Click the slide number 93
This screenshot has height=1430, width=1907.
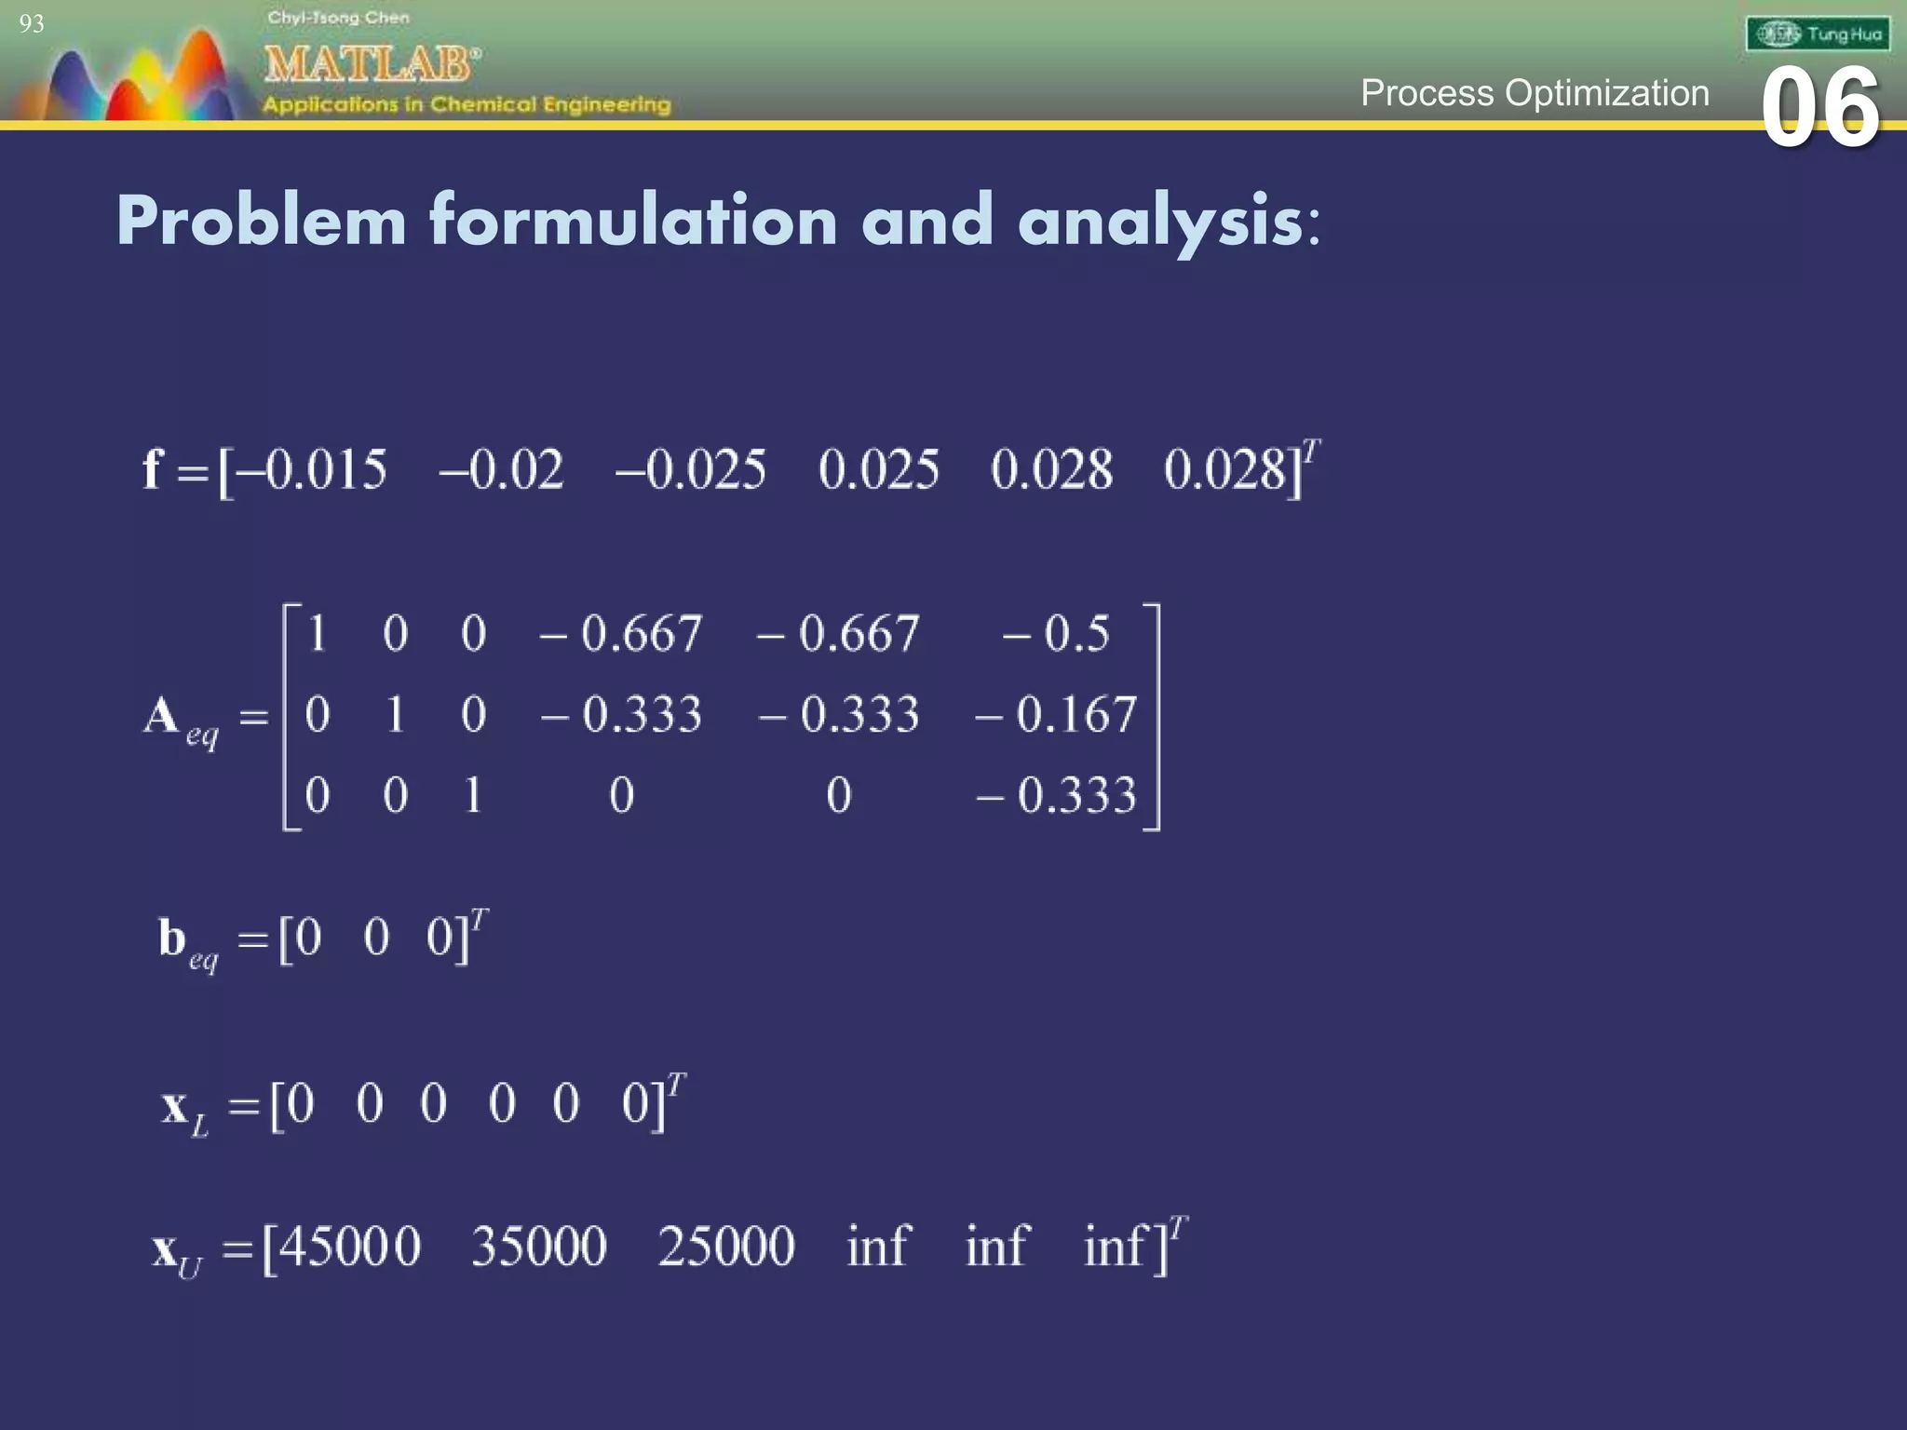pos(31,24)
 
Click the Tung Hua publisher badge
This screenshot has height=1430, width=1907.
pos(1818,35)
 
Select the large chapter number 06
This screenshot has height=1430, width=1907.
pos(1820,109)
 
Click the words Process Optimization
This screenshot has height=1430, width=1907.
pos(1535,93)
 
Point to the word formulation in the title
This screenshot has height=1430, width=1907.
pos(633,222)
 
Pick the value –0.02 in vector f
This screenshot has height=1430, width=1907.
pos(502,469)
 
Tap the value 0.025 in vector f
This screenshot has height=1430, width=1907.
pos(879,469)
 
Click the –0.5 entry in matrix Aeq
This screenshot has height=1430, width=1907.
pos(1056,634)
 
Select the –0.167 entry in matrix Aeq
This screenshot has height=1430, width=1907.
pos(1056,715)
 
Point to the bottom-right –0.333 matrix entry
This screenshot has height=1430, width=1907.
pos(1056,796)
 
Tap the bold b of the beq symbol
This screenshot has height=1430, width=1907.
pos(172,938)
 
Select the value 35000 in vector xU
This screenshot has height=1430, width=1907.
pos(539,1247)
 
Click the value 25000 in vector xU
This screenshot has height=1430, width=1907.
pos(726,1247)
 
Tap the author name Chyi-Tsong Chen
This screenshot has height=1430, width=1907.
pos(338,18)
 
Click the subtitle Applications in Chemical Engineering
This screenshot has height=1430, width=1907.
pos(466,104)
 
